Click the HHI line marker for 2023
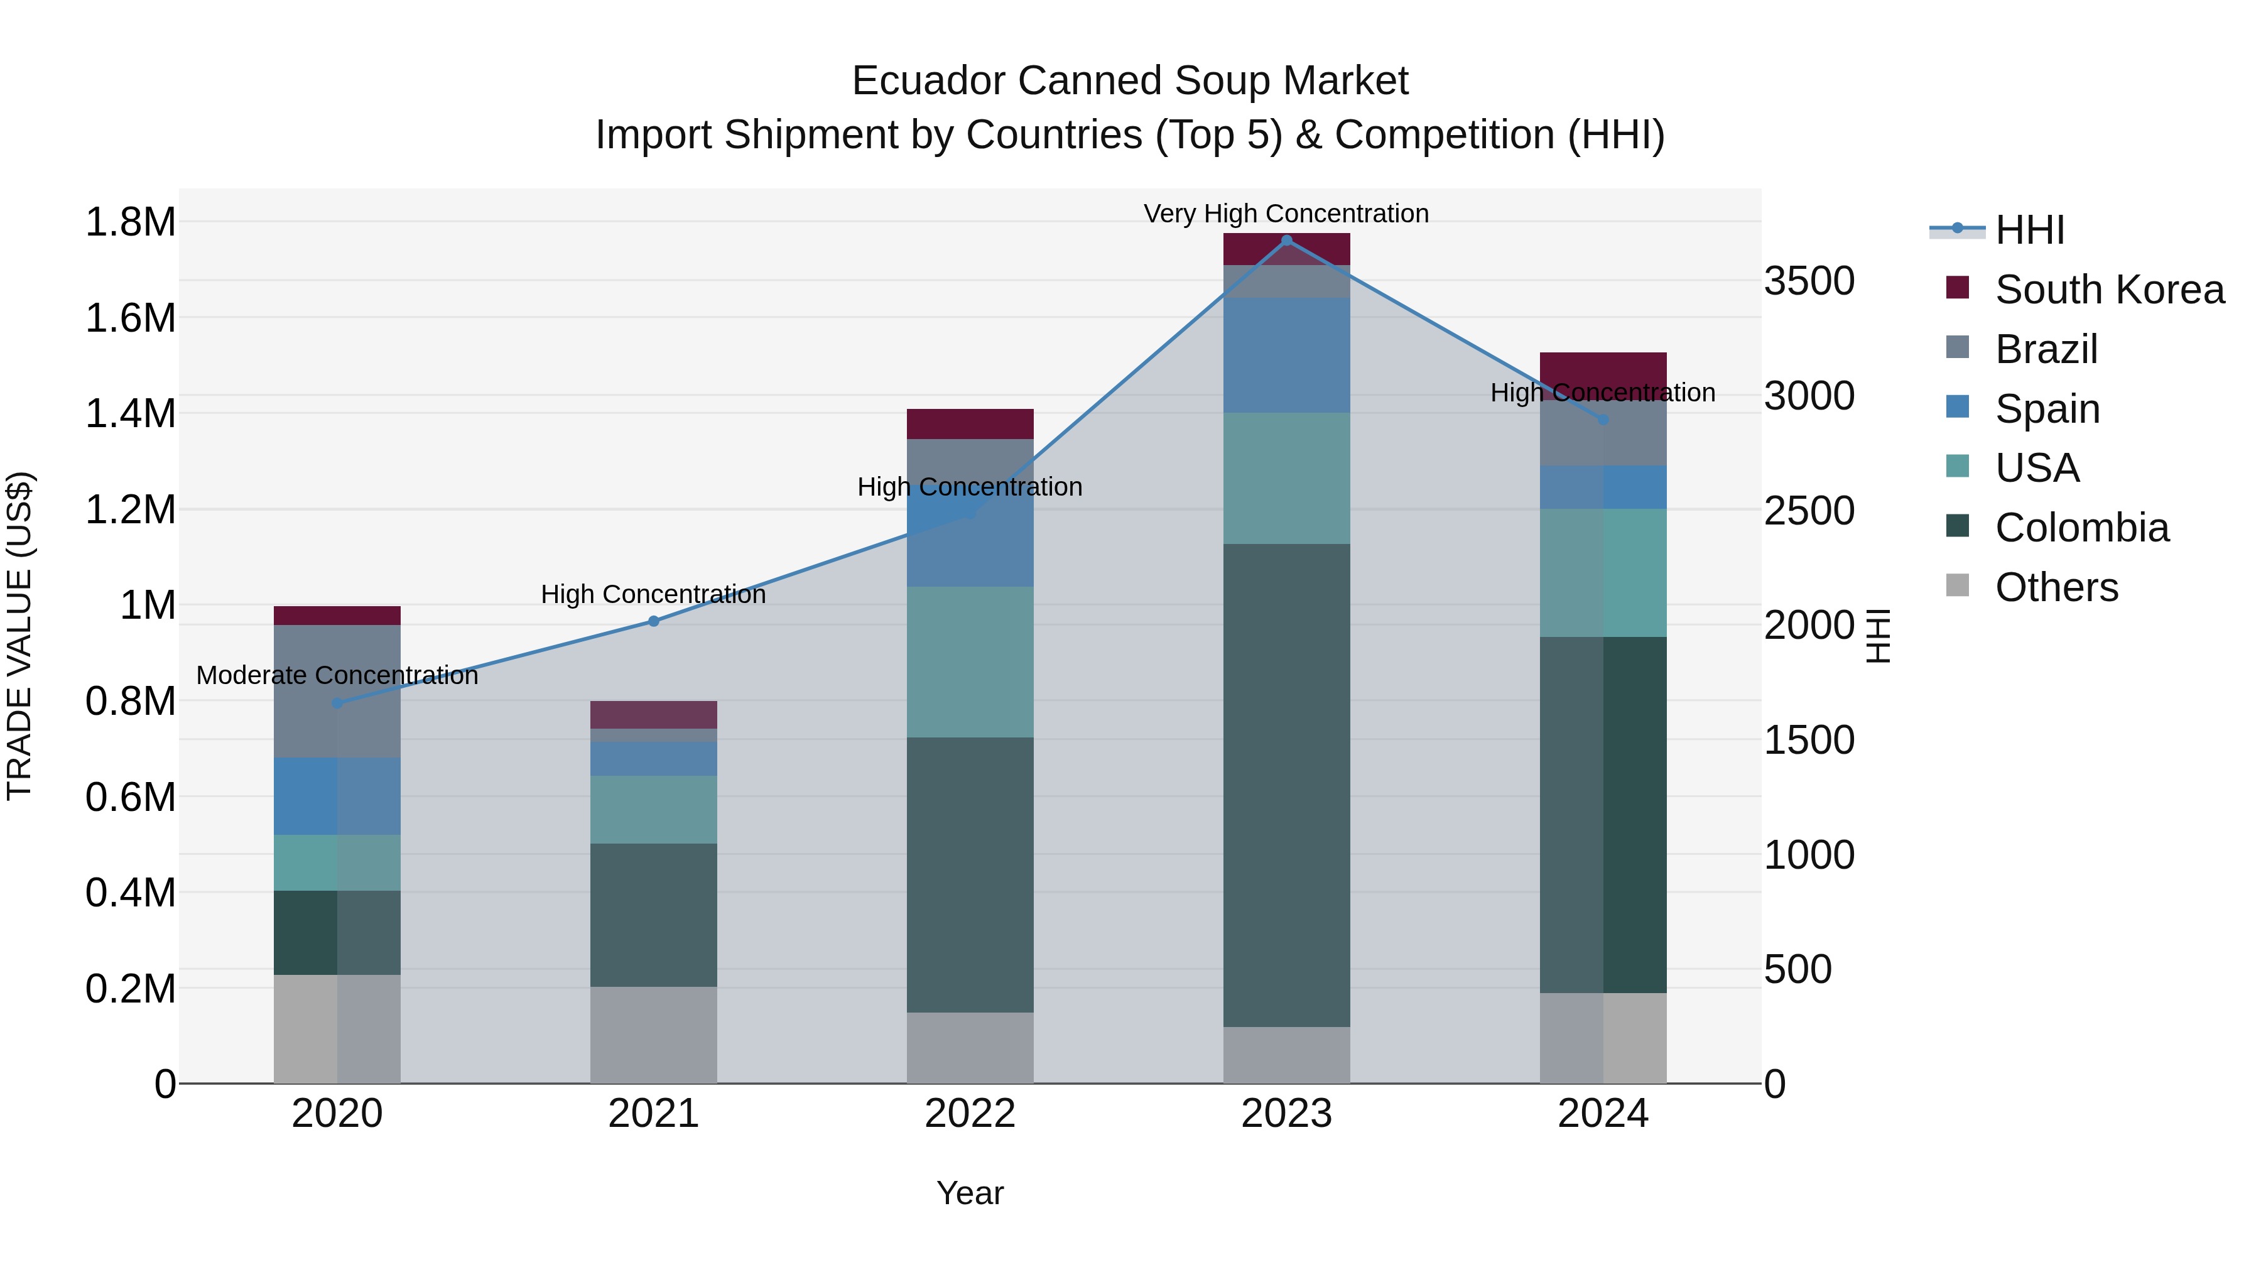pos(1287,241)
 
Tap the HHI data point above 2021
pos(653,621)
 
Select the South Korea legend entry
pos(2109,290)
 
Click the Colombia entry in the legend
pos(2081,528)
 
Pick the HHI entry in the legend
pos(2029,230)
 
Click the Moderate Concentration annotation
pos(337,676)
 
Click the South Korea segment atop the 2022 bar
pos(970,424)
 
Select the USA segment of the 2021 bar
pos(653,810)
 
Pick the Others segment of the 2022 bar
pos(970,1048)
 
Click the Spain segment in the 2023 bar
pos(1287,355)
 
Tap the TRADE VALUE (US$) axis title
pos(19,636)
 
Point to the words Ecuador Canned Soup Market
pos(1130,82)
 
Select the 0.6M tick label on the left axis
pos(130,797)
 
